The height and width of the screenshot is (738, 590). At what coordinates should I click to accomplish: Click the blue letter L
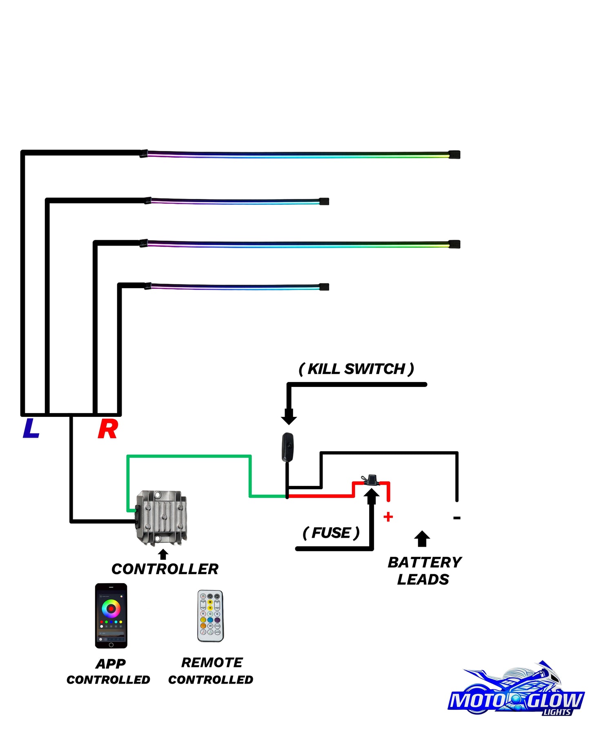point(31,428)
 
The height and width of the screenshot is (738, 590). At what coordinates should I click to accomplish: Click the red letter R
point(108,429)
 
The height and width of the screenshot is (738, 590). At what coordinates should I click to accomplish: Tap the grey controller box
point(161,518)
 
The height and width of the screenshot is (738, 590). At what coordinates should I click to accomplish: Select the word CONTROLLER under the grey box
point(165,569)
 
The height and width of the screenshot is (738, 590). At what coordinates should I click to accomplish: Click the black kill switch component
point(288,447)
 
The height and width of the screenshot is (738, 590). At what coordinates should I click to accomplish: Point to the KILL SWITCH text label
point(356,369)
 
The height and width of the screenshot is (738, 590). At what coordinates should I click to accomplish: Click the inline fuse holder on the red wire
point(371,480)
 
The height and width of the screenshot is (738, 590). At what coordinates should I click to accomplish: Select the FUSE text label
point(331,533)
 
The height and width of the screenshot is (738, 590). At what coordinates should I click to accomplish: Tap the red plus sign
point(388,517)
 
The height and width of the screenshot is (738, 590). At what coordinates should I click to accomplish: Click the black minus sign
point(457,518)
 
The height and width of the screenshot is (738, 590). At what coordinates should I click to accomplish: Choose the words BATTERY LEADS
point(425,571)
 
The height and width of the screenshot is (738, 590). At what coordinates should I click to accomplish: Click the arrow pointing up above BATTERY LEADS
point(422,539)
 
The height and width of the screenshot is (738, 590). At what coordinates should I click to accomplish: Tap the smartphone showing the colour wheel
point(111,616)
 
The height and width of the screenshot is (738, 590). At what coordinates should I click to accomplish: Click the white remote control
point(210,616)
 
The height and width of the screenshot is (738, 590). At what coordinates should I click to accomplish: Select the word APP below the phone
point(111,664)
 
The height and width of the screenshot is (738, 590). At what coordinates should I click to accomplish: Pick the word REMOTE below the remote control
point(212,662)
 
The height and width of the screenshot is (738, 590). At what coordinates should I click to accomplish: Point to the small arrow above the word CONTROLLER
point(163,554)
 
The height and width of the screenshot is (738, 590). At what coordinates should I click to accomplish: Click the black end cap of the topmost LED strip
point(454,154)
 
